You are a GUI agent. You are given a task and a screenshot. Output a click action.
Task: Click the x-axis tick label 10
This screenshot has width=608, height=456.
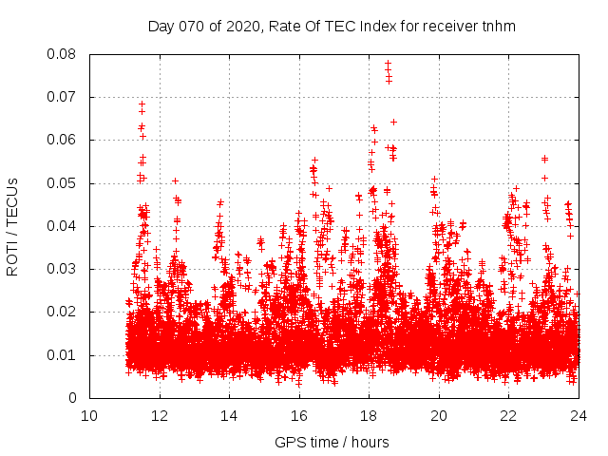coord(89,415)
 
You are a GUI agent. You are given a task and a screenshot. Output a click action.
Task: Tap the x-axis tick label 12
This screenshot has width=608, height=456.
coord(160,415)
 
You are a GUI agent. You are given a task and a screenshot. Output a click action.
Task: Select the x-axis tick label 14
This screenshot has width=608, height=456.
coord(229,415)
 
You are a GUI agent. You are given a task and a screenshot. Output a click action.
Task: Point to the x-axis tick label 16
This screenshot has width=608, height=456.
coord(299,415)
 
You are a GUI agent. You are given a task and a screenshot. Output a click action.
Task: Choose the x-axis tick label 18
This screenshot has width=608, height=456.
coord(369,415)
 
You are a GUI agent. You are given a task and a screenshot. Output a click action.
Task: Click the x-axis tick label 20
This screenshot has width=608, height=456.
coord(439,415)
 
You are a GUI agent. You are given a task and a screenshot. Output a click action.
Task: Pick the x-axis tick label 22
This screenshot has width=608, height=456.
coord(508,415)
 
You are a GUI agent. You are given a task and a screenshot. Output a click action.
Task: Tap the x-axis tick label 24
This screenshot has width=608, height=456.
coord(579,415)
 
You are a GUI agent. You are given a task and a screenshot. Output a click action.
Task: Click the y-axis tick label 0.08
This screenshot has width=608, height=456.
coord(63,54)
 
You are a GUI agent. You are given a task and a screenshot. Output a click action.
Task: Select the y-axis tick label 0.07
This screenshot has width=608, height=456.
coord(63,97)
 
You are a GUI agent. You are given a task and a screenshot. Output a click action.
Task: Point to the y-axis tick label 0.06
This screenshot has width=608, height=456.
coord(63,140)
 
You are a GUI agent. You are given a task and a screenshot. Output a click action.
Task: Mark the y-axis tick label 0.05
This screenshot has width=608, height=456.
coord(63,183)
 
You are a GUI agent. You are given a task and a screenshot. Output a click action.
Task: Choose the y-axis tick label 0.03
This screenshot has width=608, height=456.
coord(63,269)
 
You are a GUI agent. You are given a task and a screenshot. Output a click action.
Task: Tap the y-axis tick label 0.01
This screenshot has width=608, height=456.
coord(63,355)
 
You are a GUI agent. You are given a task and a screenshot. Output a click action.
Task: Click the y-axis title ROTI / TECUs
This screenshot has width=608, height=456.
coord(13,226)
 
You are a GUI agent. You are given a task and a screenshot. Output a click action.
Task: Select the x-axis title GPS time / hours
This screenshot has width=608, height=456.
coord(332,442)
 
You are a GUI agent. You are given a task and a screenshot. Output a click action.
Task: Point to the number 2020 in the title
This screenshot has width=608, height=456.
coord(243,26)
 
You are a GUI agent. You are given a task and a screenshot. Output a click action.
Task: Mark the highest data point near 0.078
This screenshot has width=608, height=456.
coord(388,63)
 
